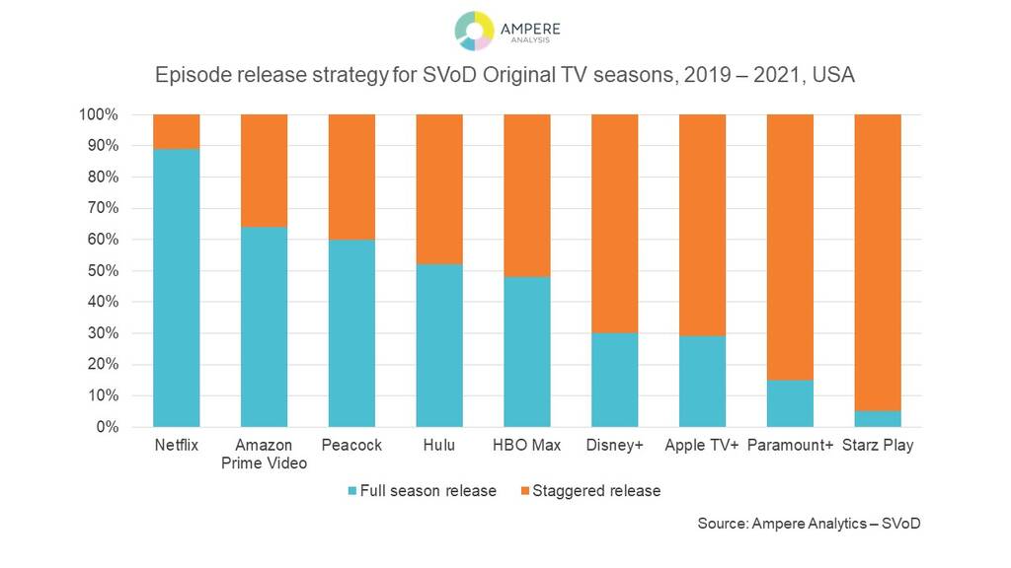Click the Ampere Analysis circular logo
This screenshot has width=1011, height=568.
click(474, 31)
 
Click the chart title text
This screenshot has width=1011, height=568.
click(505, 76)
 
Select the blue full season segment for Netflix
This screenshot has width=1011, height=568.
click(177, 287)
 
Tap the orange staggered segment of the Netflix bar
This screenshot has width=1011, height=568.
click(177, 131)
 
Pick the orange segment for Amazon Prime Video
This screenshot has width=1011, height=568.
click(265, 171)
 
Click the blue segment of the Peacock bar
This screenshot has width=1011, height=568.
click(352, 332)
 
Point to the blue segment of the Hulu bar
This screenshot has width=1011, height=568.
click(439, 345)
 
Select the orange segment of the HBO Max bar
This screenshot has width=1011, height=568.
click(527, 195)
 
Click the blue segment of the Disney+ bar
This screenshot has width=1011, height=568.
click(614, 380)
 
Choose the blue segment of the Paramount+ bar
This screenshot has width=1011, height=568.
click(790, 403)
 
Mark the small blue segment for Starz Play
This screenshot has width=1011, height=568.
click(877, 419)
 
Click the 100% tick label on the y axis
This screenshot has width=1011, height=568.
click(99, 114)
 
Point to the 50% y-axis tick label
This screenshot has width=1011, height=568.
click(103, 271)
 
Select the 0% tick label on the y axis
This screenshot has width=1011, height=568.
click(107, 427)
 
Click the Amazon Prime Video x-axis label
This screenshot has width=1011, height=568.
click(265, 454)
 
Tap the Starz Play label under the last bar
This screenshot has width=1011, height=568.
click(877, 445)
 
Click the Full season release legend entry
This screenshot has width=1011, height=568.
click(422, 490)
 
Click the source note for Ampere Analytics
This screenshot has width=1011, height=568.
click(809, 524)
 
